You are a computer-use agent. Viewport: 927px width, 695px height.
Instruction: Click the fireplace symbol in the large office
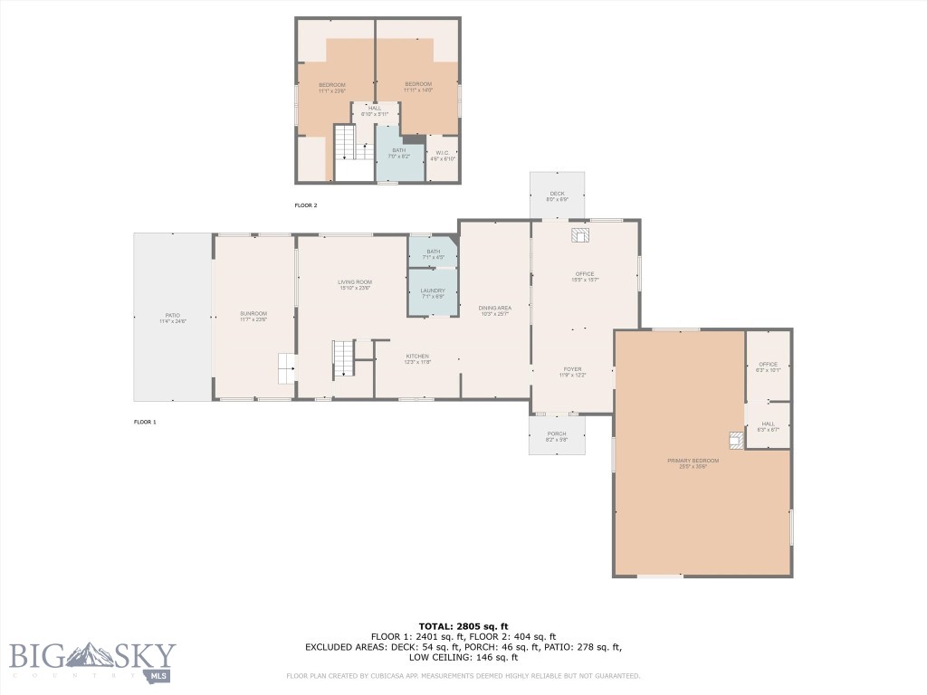[x=579, y=235]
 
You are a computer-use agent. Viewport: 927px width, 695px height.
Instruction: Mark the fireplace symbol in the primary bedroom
[x=735, y=441]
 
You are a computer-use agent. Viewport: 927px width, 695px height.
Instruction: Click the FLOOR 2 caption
[x=306, y=205]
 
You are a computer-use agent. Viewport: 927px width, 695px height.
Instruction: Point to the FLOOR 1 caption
[x=145, y=422]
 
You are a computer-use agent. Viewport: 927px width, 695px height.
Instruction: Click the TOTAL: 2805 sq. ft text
[x=463, y=626]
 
